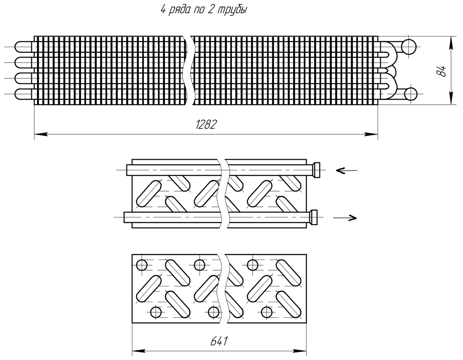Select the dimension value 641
coord(219,341)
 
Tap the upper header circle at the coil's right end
coord(409,46)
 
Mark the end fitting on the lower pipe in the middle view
coord(315,217)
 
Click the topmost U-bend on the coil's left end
coord(21,47)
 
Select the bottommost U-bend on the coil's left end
coord(21,94)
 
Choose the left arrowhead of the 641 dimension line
coord(138,350)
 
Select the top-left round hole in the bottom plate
coord(142,266)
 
